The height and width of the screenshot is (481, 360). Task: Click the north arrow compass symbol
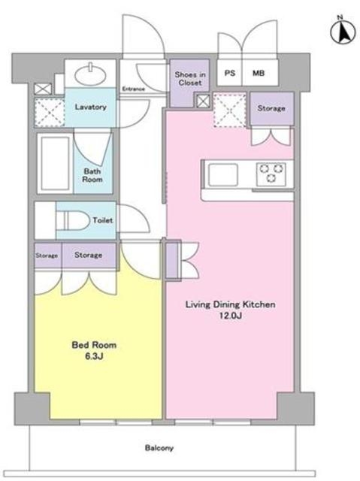[343, 32]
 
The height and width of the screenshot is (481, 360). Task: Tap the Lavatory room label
[90, 107]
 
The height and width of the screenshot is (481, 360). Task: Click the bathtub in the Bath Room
[55, 163]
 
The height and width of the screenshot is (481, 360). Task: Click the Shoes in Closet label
[190, 78]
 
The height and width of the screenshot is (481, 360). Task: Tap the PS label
[230, 73]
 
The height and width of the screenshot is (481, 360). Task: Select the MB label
[259, 73]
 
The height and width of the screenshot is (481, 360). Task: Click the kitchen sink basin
[223, 174]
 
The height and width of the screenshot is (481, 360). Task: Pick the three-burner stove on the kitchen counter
[271, 174]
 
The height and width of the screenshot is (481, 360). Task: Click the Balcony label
[159, 448]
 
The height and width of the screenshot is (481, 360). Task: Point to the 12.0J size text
[230, 316]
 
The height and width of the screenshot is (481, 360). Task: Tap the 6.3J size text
[94, 356]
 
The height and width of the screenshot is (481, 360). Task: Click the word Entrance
[133, 89]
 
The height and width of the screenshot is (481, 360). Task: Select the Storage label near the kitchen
[271, 108]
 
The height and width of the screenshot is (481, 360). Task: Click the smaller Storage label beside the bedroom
[47, 256]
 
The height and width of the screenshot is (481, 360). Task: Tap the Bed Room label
[94, 345]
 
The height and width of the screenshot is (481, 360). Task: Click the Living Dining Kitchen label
[230, 304]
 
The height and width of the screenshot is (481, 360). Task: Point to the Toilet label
[103, 220]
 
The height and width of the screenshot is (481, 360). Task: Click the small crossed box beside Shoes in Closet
[203, 101]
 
